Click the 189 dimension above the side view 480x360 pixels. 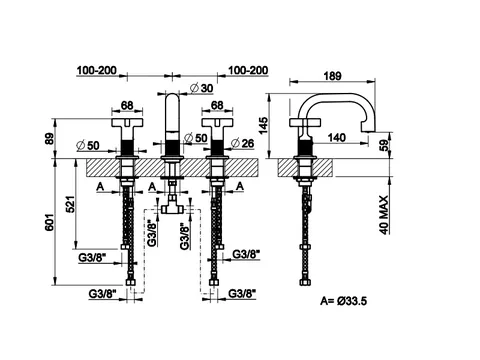click(332, 76)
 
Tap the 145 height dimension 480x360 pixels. click(263, 125)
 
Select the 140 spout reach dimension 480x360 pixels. click(337, 137)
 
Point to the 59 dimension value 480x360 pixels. click(384, 145)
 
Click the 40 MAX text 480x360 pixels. click(384, 215)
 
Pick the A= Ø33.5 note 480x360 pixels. click(344, 301)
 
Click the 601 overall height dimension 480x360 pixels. click(49, 222)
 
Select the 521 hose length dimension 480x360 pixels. click(72, 203)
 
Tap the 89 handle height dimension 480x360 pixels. click(49, 138)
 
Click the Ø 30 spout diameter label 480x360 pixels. click(201, 88)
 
